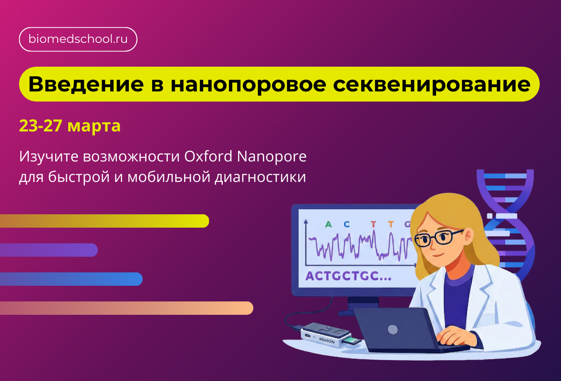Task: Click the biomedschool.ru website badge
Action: point(78,40)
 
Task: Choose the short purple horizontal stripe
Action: point(48,250)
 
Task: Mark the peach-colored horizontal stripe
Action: point(126,308)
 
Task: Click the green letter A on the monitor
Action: point(328,224)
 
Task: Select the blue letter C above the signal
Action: point(346,224)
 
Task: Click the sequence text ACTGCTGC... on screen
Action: point(348,276)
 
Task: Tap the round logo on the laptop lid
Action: point(393,329)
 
